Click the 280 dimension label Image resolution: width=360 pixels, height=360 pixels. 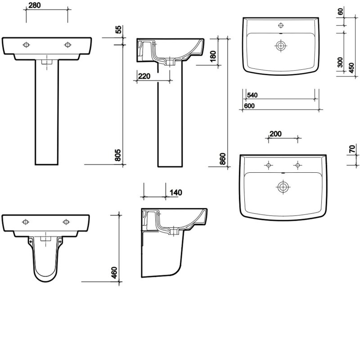click(36, 5)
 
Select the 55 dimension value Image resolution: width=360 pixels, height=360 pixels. click(119, 31)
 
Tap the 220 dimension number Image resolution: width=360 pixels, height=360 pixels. click(144, 76)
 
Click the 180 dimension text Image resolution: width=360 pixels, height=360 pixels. click(213, 56)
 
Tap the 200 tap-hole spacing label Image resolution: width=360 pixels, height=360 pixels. click(275, 134)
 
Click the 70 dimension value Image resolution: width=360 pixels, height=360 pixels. click(352, 148)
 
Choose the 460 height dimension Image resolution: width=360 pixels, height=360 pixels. click(114, 273)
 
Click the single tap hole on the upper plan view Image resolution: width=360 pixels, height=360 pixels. click(281, 25)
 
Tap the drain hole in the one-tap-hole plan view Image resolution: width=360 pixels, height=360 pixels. click(281, 45)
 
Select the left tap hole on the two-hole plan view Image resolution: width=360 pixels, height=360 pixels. click(268, 166)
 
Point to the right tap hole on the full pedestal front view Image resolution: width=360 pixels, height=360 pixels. click(68, 45)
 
